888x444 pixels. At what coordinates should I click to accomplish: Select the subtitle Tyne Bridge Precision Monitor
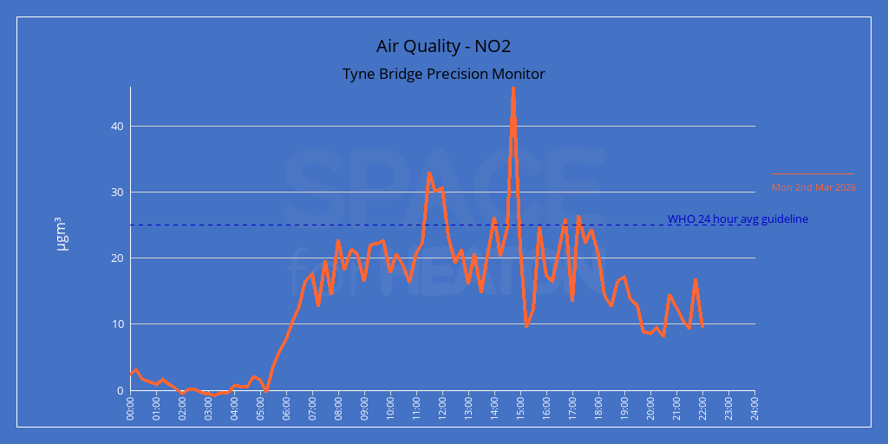pyautogui.click(x=443, y=74)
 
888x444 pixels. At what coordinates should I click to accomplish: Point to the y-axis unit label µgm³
pyautogui.click(x=62, y=234)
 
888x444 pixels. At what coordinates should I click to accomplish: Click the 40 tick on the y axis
pyautogui.click(x=117, y=127)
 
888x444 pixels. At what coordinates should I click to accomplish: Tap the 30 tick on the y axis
pyautogui.click(x=117, y=193)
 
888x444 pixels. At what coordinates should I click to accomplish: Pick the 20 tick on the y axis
pyautogui.click(x=117, y=258)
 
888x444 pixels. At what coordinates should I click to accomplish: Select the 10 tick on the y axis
pyautogui.click(x=117, y=324)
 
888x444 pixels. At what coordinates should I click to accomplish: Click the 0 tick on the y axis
pyautogui.click(x=121, y=390)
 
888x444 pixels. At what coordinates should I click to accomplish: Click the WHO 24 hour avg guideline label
pyautogui.click(x=737, y=219)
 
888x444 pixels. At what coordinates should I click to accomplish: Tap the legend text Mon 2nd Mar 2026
pyautogui.click(x=813, y=187)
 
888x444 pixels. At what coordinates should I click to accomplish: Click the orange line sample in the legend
pyautogui.click(x=813, y=174)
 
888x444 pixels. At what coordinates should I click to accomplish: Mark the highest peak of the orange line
pyautogui.click(x=513, y=88)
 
